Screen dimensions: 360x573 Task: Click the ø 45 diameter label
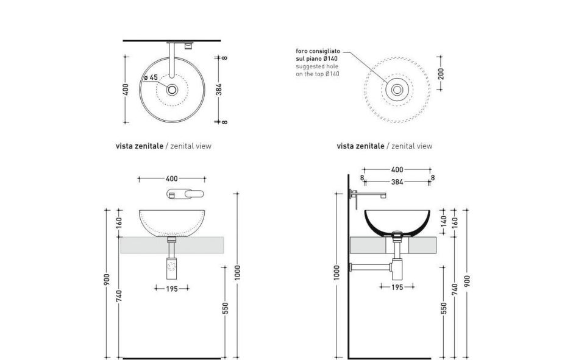(151, 77)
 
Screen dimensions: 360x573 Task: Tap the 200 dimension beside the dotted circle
(441, 74)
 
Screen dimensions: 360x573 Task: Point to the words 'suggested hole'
(316, 66)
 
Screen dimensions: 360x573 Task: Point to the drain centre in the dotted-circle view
(397, 90)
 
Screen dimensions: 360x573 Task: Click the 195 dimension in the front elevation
(172, 289)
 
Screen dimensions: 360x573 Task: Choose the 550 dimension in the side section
(444, 309)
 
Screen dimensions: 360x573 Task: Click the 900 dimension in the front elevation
(107, 280)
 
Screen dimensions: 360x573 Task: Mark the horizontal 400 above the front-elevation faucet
(172, 179)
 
